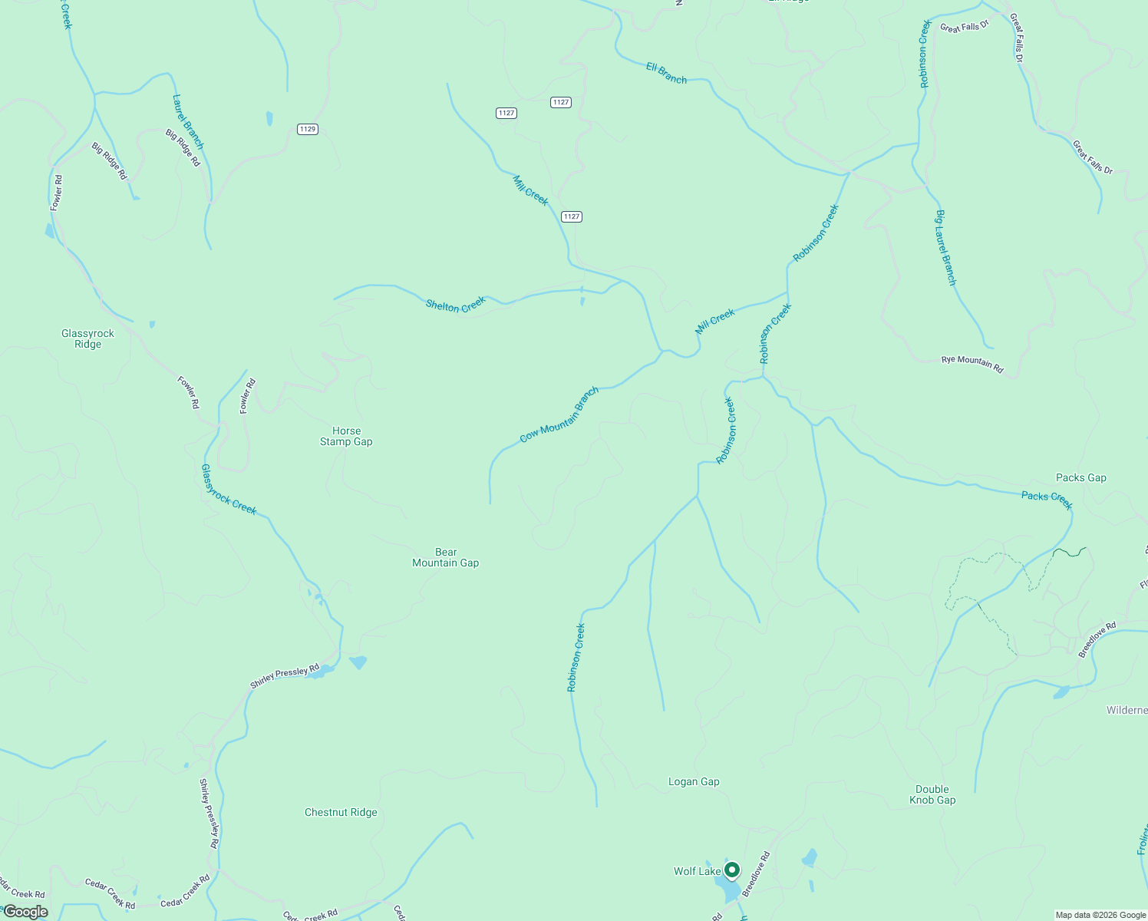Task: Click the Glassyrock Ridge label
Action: [87, 338]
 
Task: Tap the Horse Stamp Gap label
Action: [346, 436]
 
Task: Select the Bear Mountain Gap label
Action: [445, 557]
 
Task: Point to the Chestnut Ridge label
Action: [341, 812]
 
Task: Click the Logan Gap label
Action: [694, 781]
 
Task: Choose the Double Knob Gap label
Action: [932, 794]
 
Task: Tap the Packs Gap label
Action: [1080, 477]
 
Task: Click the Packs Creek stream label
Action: [1047, 500]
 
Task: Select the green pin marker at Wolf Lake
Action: [732, 870]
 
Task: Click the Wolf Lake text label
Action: [697, 871]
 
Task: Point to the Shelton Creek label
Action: [456, 305]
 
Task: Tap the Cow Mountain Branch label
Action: [559, 415]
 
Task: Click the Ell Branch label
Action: [666, 73]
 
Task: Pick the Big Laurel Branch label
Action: [945, 247]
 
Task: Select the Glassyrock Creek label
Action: [229, 490]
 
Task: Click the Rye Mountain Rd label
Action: [972, 364]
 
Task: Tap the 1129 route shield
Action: [308, 129]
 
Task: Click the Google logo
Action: [25, 912]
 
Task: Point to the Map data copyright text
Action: [1100, 915]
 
